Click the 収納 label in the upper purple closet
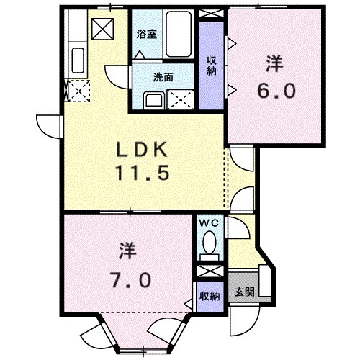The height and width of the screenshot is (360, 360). pyautogui.click(x=212, y=66)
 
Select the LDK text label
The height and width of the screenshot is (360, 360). pyautogui.click(x=144, y=149)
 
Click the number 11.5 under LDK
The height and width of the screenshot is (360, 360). pyautogui.click(x=144, y=174)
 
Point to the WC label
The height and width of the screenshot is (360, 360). pyautogui.click(x=210, y=224)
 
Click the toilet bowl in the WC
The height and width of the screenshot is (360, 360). pyautogui.click(x=210, y=245)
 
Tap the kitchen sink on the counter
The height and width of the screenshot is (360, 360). pyautogui.click(x=77, y=58)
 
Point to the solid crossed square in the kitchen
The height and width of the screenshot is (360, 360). pyautogui.click(x=102, y=30)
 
